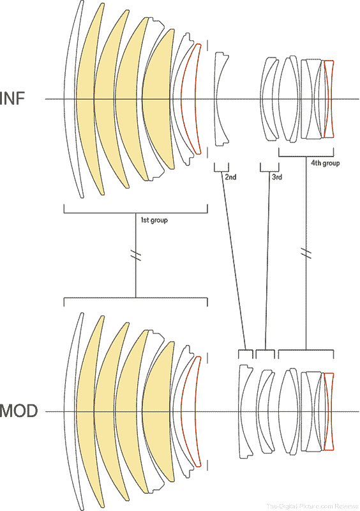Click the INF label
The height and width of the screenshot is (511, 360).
12,98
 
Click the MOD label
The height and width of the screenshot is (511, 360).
19,411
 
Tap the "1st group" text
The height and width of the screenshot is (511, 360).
154,220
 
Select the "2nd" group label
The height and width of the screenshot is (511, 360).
230,177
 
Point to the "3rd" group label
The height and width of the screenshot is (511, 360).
277,177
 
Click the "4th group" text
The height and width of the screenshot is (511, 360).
325,163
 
